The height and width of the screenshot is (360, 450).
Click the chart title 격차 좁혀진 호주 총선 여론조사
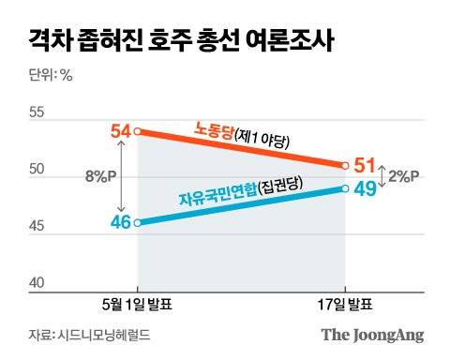pos(178,40)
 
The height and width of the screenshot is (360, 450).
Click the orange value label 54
pos(120,132)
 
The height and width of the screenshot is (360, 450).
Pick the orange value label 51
pos(365,167)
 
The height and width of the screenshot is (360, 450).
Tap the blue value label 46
pos(120,223)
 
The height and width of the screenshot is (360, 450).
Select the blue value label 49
pos(365,189)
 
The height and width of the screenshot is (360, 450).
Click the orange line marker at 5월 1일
pos(138,131)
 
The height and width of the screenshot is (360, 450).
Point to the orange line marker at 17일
pos(345,166)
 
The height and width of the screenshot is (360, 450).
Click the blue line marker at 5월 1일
pos(138,223)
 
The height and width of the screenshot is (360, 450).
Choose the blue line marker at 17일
pos(345,188)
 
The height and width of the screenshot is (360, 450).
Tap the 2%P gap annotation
pos(404,176)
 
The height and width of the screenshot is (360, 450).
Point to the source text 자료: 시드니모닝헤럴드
pos(89,335)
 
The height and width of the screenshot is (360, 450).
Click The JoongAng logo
pos(372,335)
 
